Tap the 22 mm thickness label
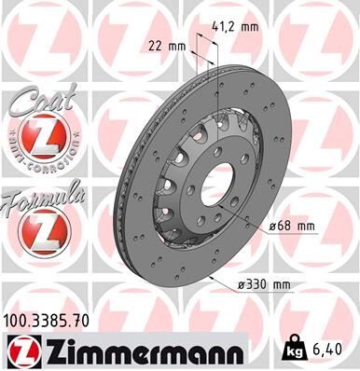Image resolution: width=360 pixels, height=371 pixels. pos(164,45)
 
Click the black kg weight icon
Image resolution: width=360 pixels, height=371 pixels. pos(294,351)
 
